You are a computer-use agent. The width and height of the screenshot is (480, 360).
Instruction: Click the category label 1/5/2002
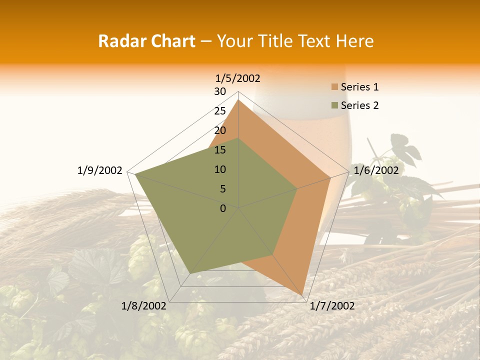(x=238, y=78)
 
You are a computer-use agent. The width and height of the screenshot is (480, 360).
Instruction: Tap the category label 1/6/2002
(x=376, y=170)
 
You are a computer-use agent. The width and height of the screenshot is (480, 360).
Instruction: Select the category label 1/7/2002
(x=332, y=306)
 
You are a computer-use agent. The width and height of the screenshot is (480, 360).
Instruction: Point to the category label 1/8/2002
(x=144, y=306)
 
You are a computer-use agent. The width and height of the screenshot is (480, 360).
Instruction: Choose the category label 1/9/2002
(x=99, y=170)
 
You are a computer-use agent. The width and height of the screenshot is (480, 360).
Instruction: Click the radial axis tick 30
(x=220, y=91)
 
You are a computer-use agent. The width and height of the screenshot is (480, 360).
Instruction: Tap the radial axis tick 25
(x=220, y=111)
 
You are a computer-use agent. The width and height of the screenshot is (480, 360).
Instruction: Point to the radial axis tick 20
(x=220, y=130)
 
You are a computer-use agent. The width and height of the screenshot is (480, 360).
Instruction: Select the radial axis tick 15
(x=220, y=150)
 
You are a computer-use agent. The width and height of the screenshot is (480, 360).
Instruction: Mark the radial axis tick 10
(x=220, y=169)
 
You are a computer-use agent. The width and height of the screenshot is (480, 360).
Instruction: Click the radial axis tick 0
(x=223, y=208)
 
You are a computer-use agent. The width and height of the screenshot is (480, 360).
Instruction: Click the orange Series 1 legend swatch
(x=334, y=87)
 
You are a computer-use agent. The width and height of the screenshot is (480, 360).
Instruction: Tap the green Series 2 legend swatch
(x=334, y=105)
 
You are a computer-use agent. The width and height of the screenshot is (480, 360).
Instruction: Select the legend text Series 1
(x=359, y=87)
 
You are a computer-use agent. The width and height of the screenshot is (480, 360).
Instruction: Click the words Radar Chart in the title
(x=146, y=41)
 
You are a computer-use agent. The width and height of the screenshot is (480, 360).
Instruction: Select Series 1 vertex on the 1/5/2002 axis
(x=238, y=100)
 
